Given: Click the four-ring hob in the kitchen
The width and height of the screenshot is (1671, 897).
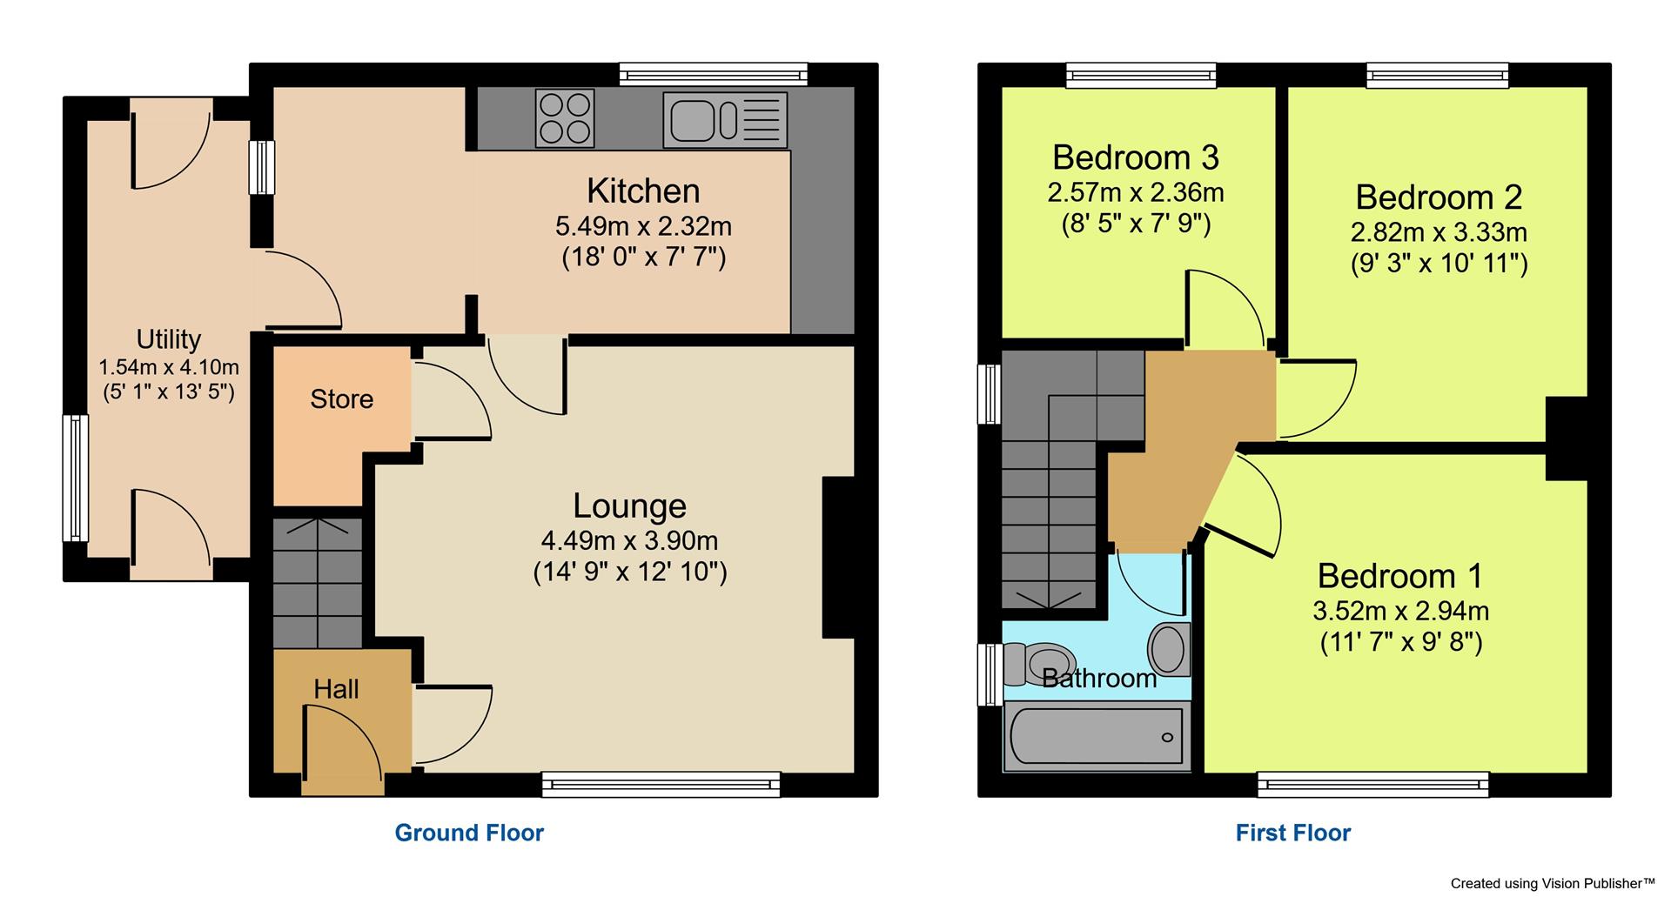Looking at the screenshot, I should (x=566, y=118).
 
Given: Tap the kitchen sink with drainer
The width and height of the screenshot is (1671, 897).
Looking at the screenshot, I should (x=724, y=119).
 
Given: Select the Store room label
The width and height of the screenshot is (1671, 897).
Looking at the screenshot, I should (x=341, y=399).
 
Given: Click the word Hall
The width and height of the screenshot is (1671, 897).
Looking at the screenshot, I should (x=336, y=689).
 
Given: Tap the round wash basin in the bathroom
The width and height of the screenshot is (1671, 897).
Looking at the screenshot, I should (x=1168, y=649).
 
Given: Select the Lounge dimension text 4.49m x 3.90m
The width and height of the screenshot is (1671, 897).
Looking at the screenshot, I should (x=629, y=540).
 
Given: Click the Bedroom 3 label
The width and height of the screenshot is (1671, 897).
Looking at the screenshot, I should (x=1135, y=157).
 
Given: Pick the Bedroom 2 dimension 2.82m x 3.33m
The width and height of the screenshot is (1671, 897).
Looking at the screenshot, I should (x=1439, y=232).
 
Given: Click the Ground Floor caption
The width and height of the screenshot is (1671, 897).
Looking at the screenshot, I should (x=469, y=833).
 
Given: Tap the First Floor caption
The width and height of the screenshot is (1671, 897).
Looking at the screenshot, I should (x=1292, y=833).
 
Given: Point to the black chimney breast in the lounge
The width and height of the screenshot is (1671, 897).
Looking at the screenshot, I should (x=838, y=557).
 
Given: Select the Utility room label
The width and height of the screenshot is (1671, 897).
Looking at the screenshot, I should (x=168, y=339).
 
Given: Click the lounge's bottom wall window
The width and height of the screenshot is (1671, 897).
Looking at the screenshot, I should (x=661, y=785).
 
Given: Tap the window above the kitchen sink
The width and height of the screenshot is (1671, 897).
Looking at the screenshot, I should (x=714, y=75).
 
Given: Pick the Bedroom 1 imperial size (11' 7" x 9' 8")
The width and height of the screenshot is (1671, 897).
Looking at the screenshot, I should (x=1400, y=642).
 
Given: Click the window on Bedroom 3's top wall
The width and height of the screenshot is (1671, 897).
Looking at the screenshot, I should (x=1140, y=75).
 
